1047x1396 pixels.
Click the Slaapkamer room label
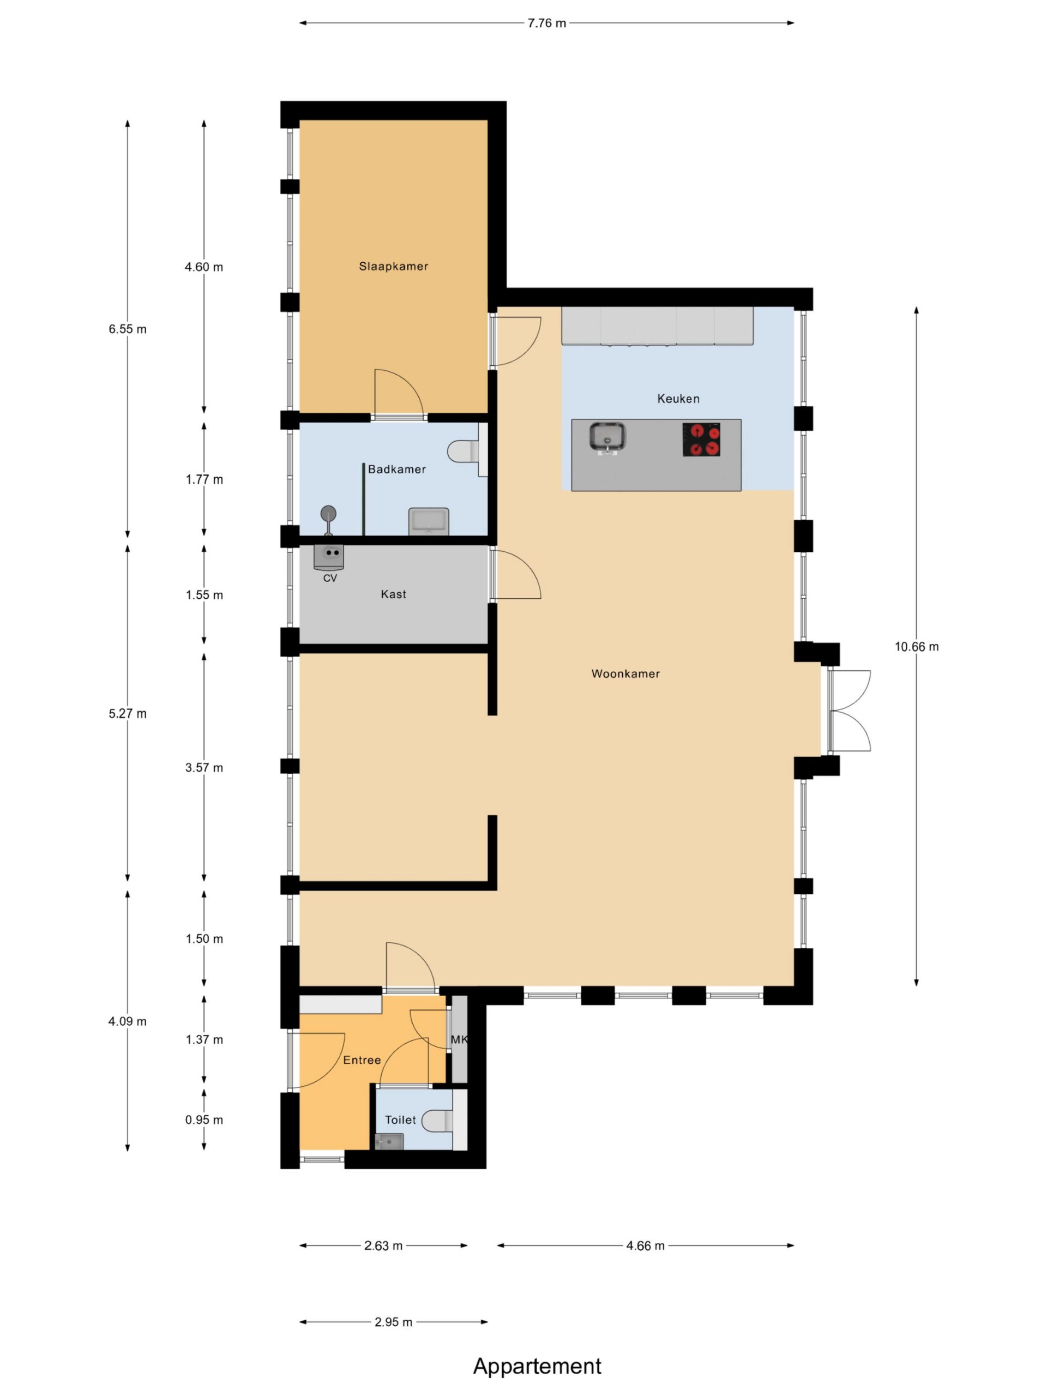coord(393,266)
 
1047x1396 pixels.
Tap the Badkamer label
coord(396,469)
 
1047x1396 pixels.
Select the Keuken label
coord(678,398)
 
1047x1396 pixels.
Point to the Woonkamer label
coord(625,673)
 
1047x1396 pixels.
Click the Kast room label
coord(393,594)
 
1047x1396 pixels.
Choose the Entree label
coord(362,1060)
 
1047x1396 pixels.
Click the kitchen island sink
coord(607,437)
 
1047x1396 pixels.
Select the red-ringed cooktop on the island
coord(701,439)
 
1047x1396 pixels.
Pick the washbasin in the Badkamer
coord(429,521)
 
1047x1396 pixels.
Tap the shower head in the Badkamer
coord(328,514)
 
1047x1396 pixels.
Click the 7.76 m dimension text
coord(546,23)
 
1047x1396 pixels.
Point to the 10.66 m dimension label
coord(916,646)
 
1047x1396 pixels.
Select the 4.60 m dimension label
coord(204,267)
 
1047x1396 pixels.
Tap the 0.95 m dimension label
coord(204,1120)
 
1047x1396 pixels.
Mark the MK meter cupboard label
coord(459,1039)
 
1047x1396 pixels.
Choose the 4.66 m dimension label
coord(645,1246)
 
